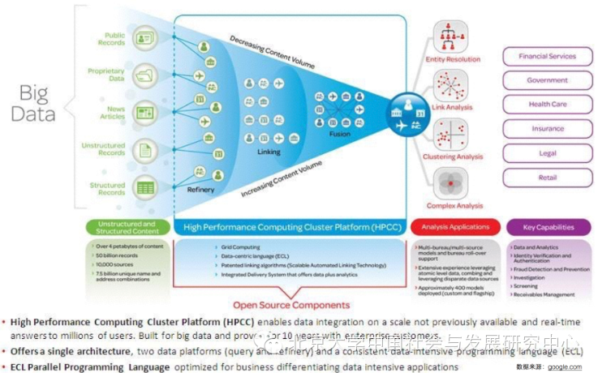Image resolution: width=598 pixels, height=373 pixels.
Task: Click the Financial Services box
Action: (547, 57)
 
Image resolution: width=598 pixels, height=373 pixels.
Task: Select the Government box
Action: (547, 80)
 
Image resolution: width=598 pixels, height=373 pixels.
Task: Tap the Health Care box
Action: (547, 105)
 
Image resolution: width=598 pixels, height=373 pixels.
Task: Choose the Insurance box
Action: (547, 128)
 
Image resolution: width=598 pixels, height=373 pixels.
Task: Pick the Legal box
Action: (547, 152)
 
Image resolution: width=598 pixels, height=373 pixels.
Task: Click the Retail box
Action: (547, 177)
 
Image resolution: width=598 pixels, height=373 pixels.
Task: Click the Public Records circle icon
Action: (145, 38)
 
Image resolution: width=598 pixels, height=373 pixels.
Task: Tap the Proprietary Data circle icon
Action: (145, 75)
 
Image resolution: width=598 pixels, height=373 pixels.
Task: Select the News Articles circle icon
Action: (145, 112)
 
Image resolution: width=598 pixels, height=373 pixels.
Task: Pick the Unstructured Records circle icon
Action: (145, 149)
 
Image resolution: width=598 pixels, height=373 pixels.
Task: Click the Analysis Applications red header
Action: (456, 228)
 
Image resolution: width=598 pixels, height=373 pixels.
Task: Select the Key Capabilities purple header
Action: (548, 228)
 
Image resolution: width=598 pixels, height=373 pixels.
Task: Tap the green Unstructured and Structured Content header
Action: (126, 227)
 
